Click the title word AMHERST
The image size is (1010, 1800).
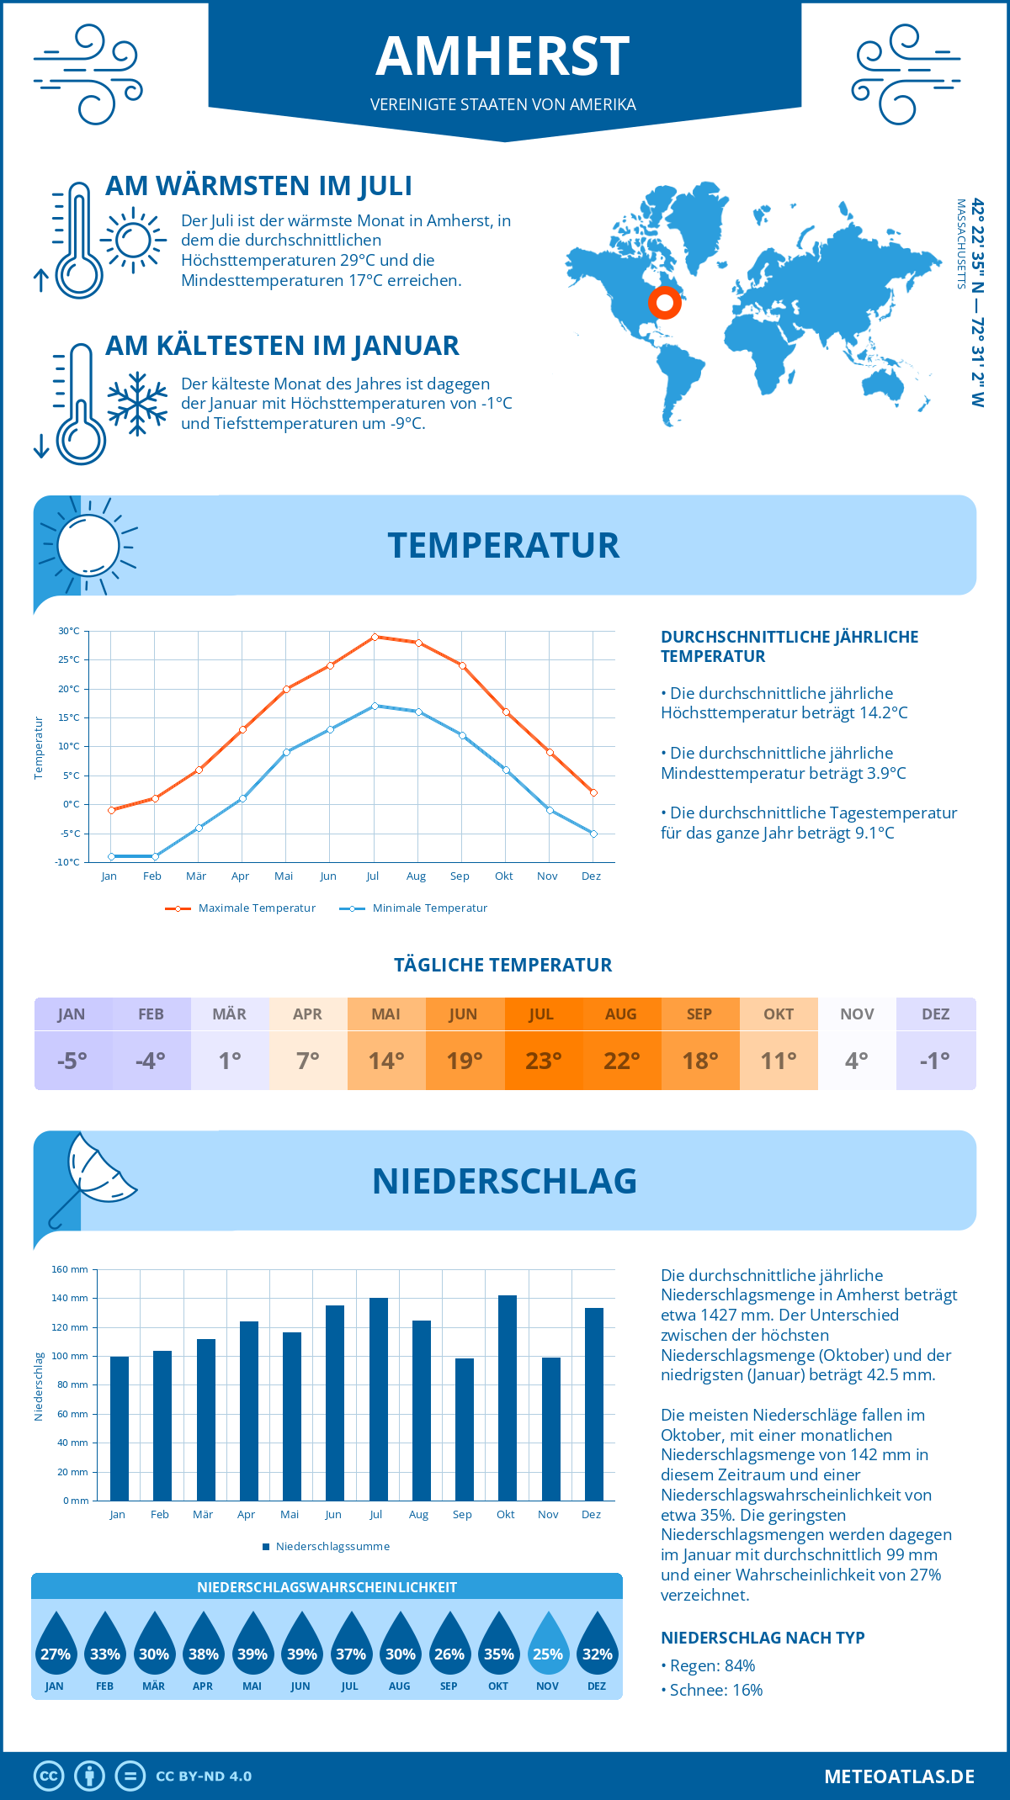click(503, 56)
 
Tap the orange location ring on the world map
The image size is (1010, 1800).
click(665, 302)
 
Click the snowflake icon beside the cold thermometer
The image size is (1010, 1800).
click(137, 404)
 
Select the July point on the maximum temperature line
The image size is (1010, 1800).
click(375, 637)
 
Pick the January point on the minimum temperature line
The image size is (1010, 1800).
click(111, 856)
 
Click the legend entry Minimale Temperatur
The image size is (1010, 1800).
click(429, 908)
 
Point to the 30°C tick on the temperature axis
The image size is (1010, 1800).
click(69, 631)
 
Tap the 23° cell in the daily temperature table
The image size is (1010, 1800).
click(543, 1061)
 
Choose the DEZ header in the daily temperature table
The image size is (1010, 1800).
click(935, 1014)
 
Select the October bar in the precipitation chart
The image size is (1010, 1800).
click(507, 1398)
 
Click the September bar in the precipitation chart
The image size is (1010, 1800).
click(464, 1429)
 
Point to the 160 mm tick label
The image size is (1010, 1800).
click(70, 1269)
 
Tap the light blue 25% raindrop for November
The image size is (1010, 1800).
click(548, 1644)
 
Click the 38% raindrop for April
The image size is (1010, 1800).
click(204, 1644)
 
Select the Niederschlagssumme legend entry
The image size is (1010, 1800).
click(332, 1547)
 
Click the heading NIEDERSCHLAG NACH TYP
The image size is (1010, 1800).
click(763, 1638)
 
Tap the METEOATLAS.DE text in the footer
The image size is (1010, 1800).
click(899, 1776)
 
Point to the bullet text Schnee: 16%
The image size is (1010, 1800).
click(715, 1690)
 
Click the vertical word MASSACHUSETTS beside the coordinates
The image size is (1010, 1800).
click(960, 244)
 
